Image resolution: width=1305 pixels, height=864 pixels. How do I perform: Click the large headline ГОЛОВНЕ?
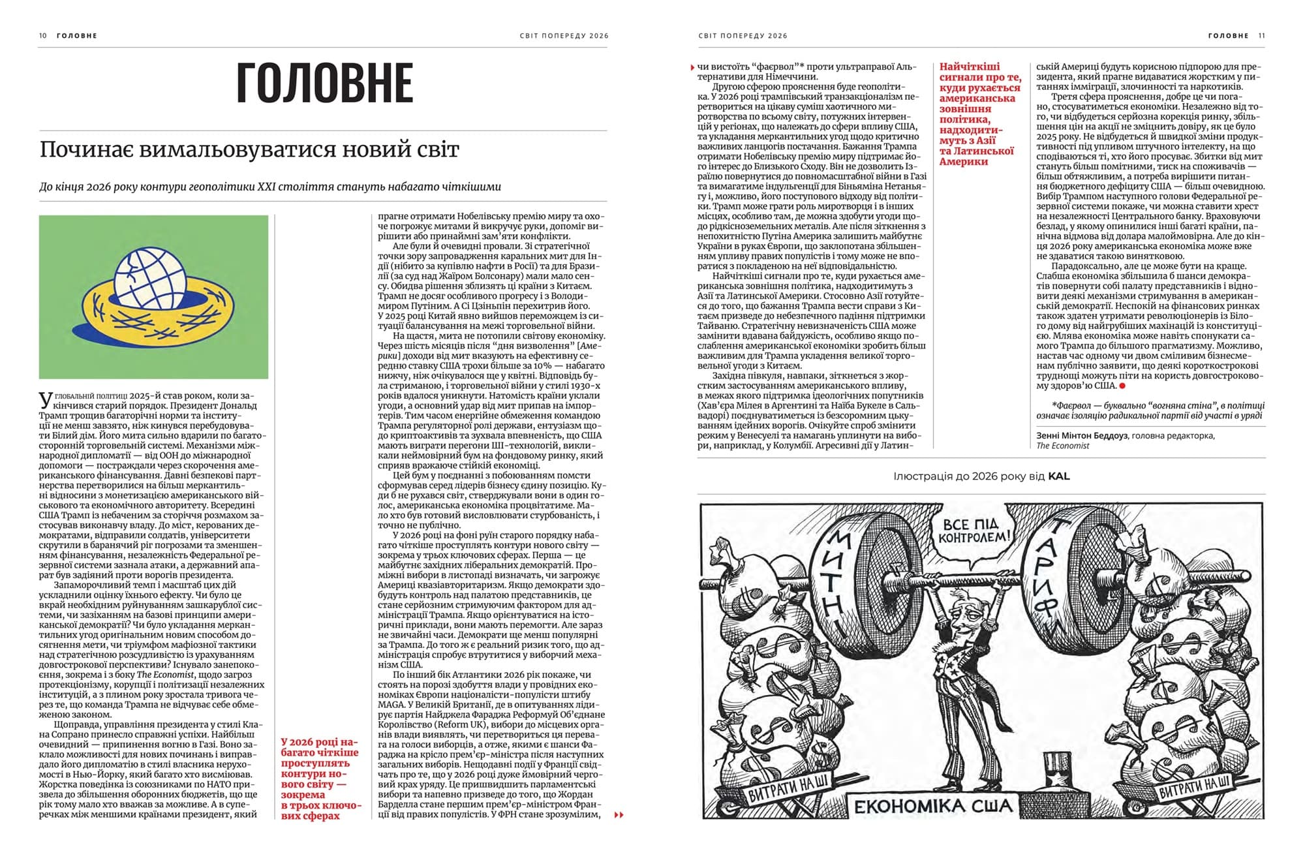(x=324, y=83)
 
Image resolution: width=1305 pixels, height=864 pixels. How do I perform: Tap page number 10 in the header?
(x=43, y=36)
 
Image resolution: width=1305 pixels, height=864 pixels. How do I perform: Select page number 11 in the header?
(x=1261, y=36)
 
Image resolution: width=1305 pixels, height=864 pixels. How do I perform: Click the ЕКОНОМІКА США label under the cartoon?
(x=932, y=807)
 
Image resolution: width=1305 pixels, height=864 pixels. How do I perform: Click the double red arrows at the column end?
(x=619, y=814)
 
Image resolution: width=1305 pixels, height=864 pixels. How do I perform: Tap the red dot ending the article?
(x=1122, y=386)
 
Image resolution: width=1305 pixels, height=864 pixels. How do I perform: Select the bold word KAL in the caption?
(x=1059, y=476)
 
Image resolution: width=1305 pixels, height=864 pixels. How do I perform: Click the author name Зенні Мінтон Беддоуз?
(x=1081, y=435)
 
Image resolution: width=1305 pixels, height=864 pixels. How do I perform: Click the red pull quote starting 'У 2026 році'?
(x=320, y=779)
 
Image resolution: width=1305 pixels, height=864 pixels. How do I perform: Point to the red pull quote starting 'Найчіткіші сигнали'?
(x=979, y=114)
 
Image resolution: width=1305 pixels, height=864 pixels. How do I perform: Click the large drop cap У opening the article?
(x=45, y=399)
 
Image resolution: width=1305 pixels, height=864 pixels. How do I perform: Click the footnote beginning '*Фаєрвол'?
(x=1150, y=410)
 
